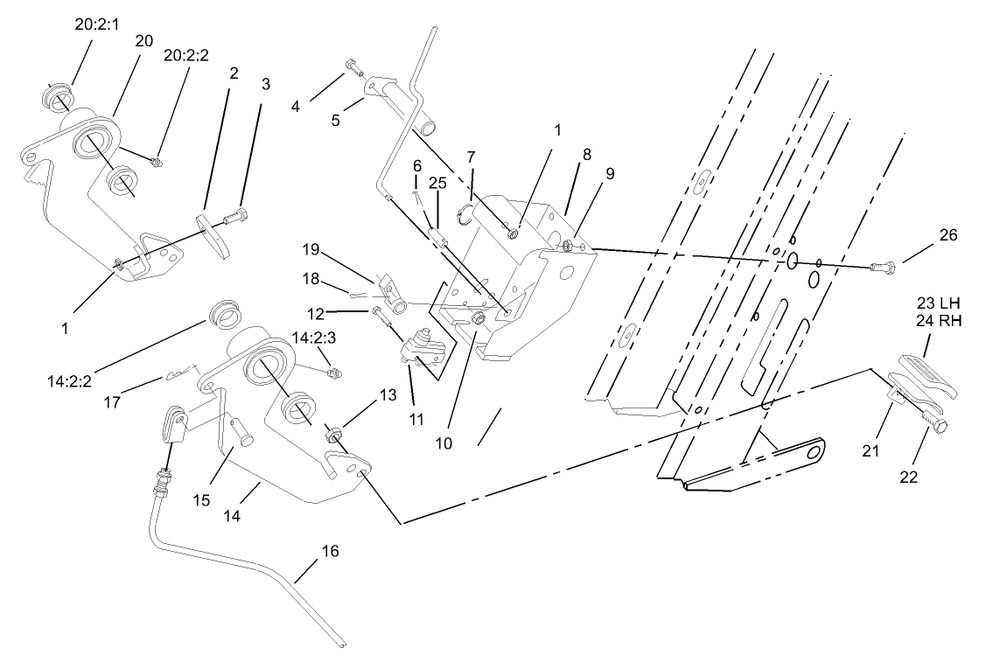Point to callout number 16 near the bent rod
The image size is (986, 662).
coord(329,551)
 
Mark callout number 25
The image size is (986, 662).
coord(438,184)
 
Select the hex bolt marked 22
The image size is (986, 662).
coord(935,427)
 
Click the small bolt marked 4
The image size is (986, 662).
coord(353,65)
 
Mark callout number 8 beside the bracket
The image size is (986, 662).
coord(586,154)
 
